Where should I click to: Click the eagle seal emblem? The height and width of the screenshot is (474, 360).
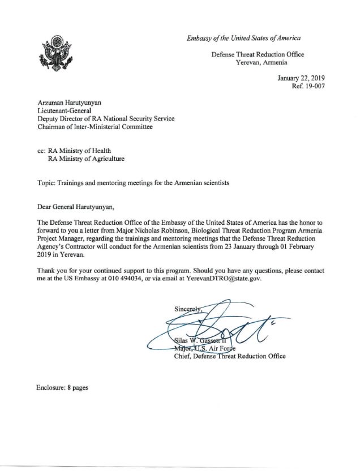pyautogui.click(x=55, y=54)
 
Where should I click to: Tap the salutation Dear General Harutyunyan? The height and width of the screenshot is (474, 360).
pyautogui.click(x=78, y=207)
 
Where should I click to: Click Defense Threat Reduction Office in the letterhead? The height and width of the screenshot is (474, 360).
pyautogui.click(x=258, y=54)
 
